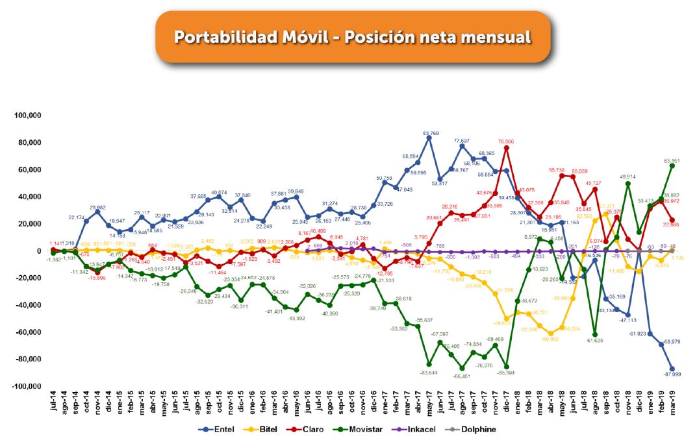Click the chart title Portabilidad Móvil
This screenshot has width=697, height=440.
click(351, 37)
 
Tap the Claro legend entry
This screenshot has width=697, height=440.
click(314, 429)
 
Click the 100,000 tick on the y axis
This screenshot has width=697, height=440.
click(27, 116)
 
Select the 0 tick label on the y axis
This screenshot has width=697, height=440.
click(39, 251)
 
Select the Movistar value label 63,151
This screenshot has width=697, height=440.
click(671, 160)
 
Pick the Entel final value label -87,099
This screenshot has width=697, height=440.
click(671, 374)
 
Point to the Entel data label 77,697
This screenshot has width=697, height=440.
click(461, 140)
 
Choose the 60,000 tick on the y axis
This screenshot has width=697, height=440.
click(29, 170)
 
